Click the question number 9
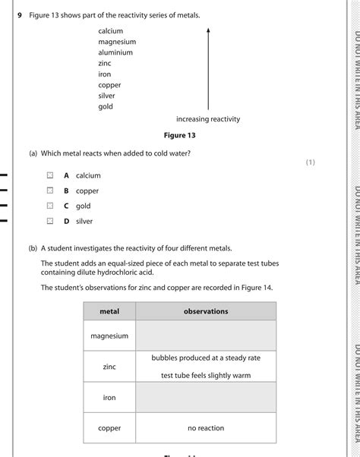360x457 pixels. point(21,15)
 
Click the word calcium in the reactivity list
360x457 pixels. point(110,31)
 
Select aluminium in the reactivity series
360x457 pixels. point(115,52)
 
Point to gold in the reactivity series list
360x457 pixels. point(106,106)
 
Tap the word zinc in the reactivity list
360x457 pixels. point(105,64)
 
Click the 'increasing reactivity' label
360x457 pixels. point(207,119)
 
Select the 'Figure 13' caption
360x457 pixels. point(179,135)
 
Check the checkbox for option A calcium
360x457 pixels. point(49,175)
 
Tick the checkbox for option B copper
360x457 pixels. point(49,191)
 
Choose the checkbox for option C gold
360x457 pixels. point(49,206)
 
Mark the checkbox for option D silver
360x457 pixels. point(49,221)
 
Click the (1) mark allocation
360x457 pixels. point(310,162)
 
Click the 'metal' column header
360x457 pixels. point(109,311)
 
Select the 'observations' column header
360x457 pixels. point(206,311)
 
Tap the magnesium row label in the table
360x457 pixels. point(109,336)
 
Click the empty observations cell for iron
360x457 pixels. point(206,397)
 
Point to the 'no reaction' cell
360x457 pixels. point(206,428)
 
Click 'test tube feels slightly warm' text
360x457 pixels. point(206,375)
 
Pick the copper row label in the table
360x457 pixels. point(109,428)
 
